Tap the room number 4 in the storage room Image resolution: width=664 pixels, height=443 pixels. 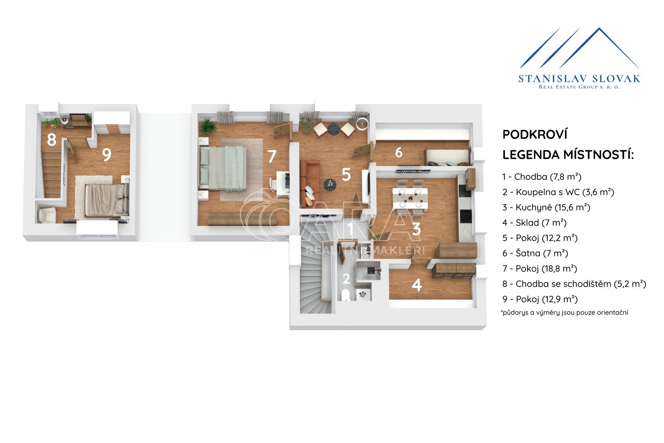tap(416, 285)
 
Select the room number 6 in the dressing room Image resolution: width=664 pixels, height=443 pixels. tap(399, 152)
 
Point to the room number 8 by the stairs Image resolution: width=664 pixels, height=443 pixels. tap(51, 140)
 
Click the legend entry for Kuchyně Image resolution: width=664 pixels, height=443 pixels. tap(546, 207)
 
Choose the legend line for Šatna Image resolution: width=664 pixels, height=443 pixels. tap(535, 253)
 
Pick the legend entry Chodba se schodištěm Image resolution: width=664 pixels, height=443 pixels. tap(574, 284)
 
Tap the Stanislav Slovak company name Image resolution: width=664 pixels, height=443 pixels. tap(580, 79)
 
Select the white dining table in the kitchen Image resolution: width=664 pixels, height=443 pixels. tap(410, 198)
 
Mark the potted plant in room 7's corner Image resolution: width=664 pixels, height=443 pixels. tap(208, 126)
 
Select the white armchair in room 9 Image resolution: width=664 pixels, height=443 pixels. tap(48, 214)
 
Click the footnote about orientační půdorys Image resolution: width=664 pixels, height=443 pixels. tap(564, 313)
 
